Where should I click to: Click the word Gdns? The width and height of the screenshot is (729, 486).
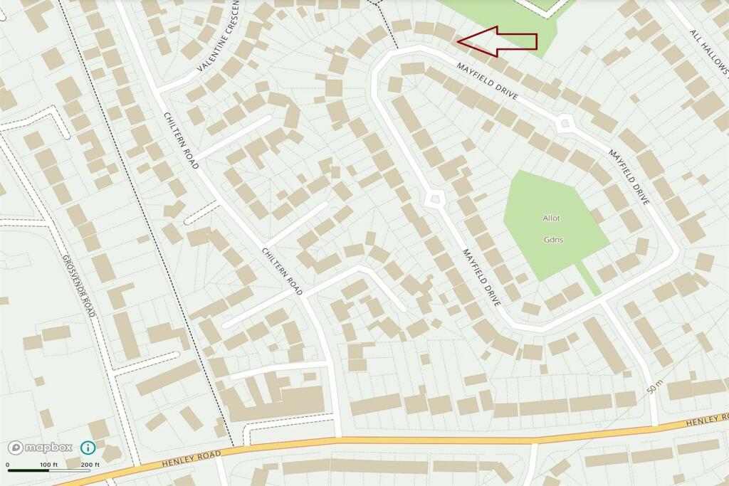pos(553,240)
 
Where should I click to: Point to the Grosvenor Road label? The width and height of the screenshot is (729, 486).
pos(78,285)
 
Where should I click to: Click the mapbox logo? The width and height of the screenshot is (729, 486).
pos(41,448)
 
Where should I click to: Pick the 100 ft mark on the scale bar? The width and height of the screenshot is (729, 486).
pos(49,465)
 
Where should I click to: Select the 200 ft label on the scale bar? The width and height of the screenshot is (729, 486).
pos(90,465)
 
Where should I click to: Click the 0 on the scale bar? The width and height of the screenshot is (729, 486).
pos(8,465)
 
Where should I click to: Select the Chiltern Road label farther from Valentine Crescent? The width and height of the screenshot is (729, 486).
pos(282,271)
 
